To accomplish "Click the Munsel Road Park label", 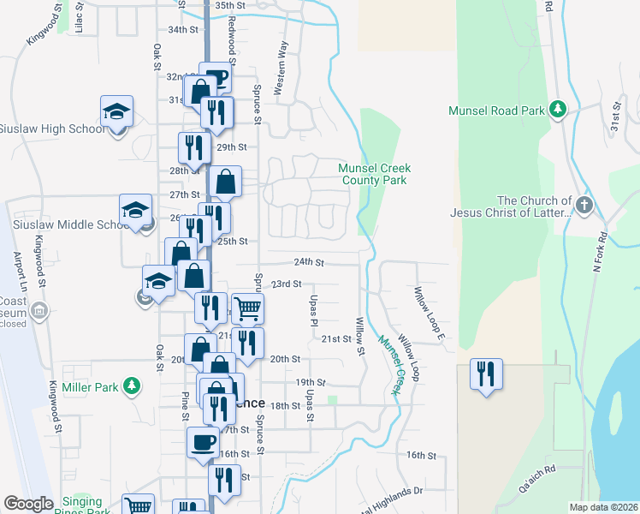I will pos(497,111).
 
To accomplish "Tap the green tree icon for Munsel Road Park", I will pos(558,109).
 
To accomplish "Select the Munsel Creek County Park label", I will pos(375,174).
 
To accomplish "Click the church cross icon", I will pos(584,206).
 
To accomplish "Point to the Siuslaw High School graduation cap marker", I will pos(116,112).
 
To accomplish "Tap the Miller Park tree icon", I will pos(131,387).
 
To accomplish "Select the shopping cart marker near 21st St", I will pos(247,308).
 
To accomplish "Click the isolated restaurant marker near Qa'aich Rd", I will pos(486,374).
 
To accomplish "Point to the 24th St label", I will pos(309,262).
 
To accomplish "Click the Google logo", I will pos(28,504).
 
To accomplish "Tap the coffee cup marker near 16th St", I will pos(203,443).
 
